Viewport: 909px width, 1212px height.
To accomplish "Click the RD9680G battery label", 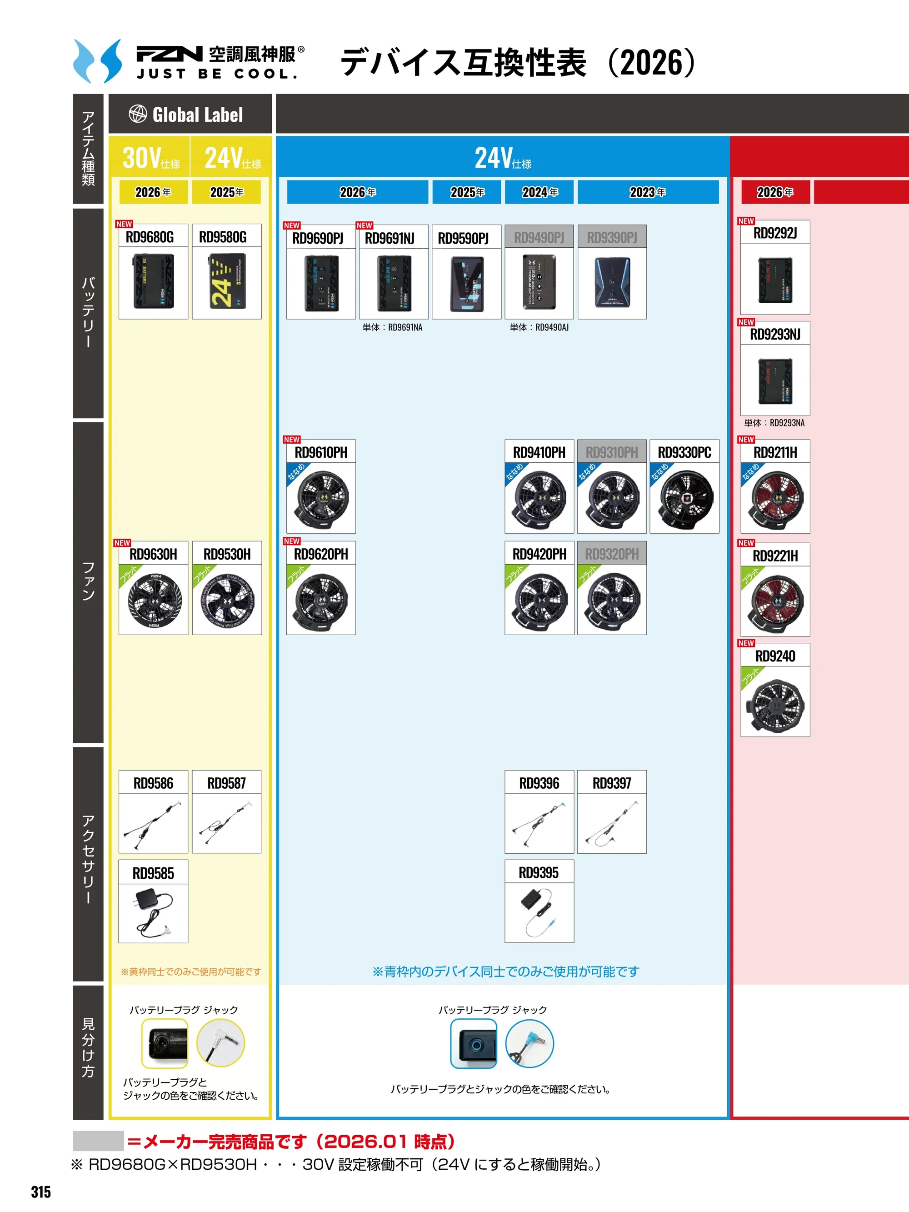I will click(x=150, y=237).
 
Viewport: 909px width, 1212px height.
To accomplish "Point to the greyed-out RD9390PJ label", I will click(x=612, y=237).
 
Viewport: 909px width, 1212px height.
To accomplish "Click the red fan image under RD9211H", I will click(x=775, y=498).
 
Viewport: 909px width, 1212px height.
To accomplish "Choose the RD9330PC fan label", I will click(x=684, y=453).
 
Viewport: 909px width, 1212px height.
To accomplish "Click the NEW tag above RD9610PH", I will click(x=291, y=440).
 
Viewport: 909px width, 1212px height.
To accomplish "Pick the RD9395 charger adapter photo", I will click(x=539, y=912).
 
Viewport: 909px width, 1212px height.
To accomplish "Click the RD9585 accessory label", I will click(x=153, y=873).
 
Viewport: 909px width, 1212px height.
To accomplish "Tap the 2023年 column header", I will click(x=648, y=192).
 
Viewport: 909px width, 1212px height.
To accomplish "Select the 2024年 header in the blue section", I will click(x=539, y=192).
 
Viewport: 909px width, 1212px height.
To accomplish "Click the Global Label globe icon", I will click(x=138, y=114).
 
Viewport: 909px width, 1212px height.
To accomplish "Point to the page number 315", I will click(x=41, y=1192).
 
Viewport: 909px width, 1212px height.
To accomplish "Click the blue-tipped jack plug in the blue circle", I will click(x=529, y=1043).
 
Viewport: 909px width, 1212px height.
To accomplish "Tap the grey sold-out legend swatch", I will click(x=98, y=1141).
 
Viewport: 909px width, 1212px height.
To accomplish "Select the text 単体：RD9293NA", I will click(x=774, y=423).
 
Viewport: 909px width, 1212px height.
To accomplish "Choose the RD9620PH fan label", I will click(x=321, y=555).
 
